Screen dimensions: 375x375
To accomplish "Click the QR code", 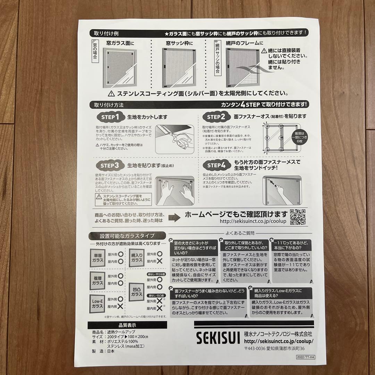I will click(298, 217).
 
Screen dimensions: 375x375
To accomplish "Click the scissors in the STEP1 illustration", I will click(181, 141).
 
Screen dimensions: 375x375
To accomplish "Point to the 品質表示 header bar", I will click(127, 325).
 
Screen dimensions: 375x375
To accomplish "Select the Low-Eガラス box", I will click(98, 303).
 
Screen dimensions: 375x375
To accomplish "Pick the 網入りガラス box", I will click(137, 257).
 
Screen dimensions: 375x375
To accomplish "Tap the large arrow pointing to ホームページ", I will click(174, 218).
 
